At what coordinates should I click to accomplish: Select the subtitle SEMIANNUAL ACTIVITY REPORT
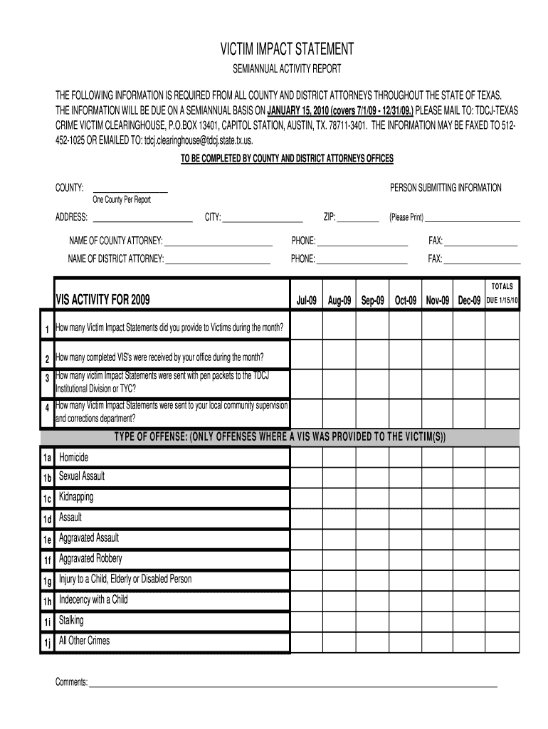[x=288, y=69]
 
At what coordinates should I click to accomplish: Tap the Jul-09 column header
[x=306, y=301]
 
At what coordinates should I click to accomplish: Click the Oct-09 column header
[x=405, y=301]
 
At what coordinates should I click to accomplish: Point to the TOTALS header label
[x=502, y=286]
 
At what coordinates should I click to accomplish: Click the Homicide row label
[x=73, y=457]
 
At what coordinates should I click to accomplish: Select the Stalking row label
[x=71, y=620]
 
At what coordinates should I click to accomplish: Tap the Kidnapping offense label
[x=76, y=497]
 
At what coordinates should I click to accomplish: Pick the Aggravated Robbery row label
[x=90, y=559]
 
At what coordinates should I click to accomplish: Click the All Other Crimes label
[x=84, y=641]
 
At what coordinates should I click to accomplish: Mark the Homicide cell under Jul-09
[x=306, y=457]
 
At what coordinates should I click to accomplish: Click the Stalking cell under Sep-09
[x=372, y=621]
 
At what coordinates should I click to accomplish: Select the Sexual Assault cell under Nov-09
[x=438, y=477]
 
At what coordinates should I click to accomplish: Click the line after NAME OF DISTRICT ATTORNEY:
[x=218, y=262]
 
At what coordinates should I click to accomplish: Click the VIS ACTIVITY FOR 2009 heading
[x=103, y=300]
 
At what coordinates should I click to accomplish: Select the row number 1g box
[x=47, y=581]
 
